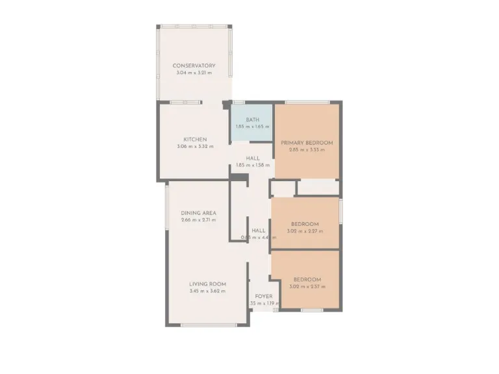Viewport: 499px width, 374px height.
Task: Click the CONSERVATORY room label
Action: [x=194, y=66]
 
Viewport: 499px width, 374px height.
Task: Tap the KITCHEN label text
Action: [x=195, y=140]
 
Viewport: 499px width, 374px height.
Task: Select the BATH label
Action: [x=253, y=119]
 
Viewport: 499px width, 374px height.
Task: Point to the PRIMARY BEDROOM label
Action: [x=307, y=143]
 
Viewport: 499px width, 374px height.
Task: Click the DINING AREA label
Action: [x=199, y=213]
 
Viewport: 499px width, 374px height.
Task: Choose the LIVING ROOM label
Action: [x=207, y=284]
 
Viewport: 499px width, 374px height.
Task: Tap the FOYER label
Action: [x=264, y=296]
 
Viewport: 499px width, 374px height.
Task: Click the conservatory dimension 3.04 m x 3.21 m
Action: [x=194, y=73]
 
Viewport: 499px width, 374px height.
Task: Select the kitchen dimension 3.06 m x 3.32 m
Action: [x=195, y=147]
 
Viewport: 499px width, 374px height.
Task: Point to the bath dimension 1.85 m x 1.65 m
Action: [x=253, y=127]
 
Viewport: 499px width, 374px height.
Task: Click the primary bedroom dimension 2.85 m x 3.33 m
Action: [x=307, y=150]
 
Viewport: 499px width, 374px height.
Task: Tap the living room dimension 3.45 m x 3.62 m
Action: [x=207, y=291]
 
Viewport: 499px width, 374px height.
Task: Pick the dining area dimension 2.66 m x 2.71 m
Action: [x=199, y=220]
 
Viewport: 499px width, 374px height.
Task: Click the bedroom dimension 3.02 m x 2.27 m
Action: [x=305, y=231]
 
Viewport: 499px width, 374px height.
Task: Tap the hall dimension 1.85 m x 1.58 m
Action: [x=253, y=165]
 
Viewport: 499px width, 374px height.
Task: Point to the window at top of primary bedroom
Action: [x=307, y=102]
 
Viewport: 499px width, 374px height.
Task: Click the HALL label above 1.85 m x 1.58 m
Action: [x=253, y=158]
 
